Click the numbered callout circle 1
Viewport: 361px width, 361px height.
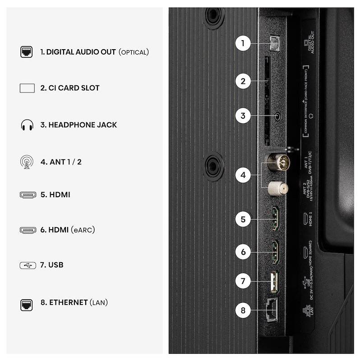click(x=243, y=43)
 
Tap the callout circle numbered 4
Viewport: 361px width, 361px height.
click(x=243, y=175)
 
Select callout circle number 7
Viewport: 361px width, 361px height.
click(x=243, y=281)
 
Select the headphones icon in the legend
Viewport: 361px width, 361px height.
click(x=27, y=125)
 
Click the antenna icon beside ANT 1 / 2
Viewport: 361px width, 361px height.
click(x=27, y=162)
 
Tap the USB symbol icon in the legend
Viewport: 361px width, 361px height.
click(x=27, y=265)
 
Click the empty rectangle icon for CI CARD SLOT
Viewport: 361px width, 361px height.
click(x=27, y=88)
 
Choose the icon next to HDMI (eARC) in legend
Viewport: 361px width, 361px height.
click(x=27, y=230)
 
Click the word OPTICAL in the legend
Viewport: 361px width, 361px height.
click(x=134, y=52)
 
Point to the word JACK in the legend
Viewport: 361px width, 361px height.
click(x=106, y=125)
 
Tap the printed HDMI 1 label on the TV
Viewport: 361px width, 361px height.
click(x=309, y=219)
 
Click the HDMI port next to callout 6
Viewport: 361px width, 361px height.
click(x=274, y=251)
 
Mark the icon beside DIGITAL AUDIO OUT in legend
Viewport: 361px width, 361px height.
click(x=27, y=52)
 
